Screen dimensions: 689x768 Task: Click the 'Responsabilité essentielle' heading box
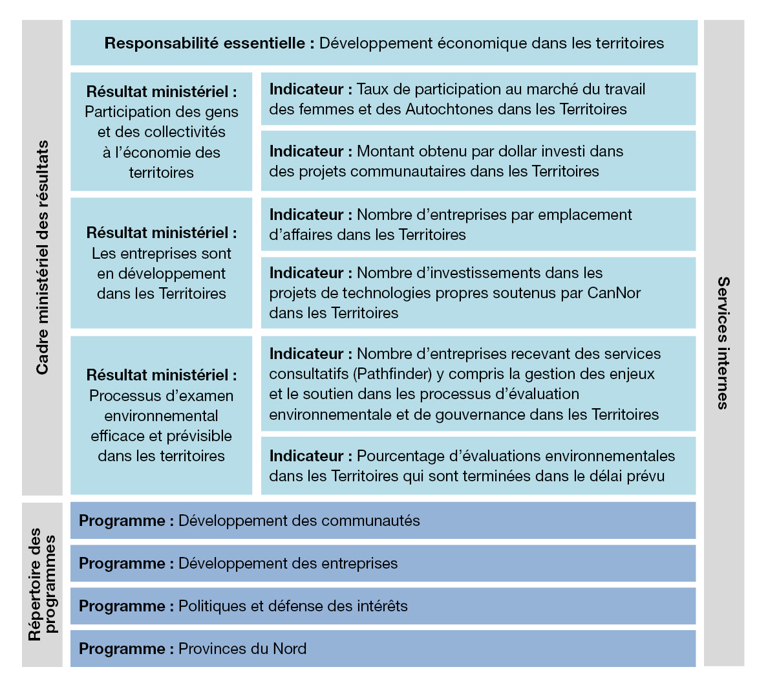click(x=384, y=43)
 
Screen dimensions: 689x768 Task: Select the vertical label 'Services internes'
click(x=723, y=343)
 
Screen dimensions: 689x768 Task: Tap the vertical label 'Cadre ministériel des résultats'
click(x=42, y=257)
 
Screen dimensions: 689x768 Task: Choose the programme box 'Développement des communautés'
click(x=383, y=521)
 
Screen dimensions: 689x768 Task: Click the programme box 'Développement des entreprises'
click(x=383, y=563)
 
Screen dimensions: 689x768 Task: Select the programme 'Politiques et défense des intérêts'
click(x=383, y=606)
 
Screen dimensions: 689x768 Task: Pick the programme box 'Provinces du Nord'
click(x=383, y=649)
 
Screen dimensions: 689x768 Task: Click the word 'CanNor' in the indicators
click(x=613, y=293)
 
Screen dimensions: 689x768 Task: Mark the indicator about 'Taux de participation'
click(x=478, y=99)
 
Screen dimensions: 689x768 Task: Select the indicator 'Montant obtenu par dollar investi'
click(x=478, y=161)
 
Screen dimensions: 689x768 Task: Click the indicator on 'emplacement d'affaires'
click(x=478, y=224)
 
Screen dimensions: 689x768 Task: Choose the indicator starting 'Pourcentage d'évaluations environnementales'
click(x=478, y=466)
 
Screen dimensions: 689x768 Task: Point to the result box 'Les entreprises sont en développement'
click(x=162, y=263)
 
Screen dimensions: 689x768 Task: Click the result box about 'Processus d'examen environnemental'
click(x=162, y=415)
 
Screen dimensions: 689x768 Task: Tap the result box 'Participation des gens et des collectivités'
click(x=162, y=132)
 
